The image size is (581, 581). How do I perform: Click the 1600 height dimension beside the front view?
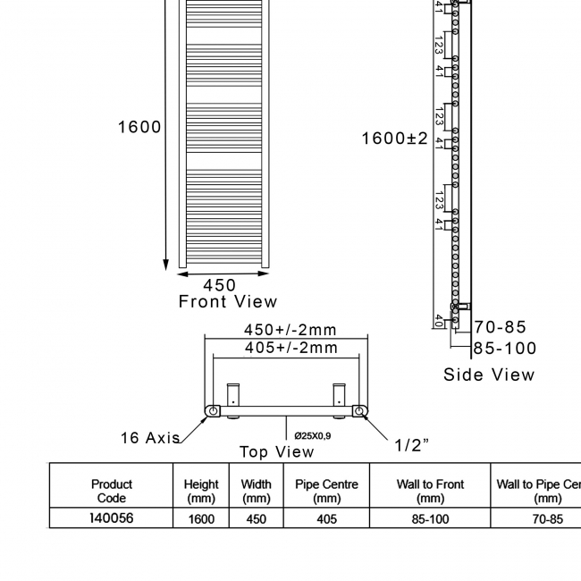[x=139, y=127]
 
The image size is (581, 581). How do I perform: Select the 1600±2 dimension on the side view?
[x=394, y=139]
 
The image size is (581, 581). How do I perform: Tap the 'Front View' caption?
[x=228, y=302]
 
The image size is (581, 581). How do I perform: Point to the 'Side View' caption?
[x=489, y=375]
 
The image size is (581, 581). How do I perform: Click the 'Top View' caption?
[x=277, y=451]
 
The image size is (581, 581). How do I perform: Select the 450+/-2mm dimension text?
[x=290, y=330]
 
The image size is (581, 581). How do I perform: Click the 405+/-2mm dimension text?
[x=291, y=348]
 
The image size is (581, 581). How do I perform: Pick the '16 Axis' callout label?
[x=150, y=438]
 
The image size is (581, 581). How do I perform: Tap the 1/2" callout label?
[x=412, y=445]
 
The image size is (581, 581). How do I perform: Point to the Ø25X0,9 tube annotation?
[x=313, y=435]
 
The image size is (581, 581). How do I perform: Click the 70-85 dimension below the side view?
[x=501, y=327]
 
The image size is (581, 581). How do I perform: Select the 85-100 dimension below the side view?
[x=505, y=348]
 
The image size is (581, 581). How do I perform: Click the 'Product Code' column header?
[x=111, y=491]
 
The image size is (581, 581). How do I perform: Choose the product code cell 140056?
[x=112, y=518]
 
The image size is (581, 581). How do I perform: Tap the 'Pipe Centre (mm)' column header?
[x=326, y=491]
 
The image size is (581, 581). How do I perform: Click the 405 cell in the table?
[x=326, y=518]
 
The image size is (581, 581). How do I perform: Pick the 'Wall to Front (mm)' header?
[x=430, y=491]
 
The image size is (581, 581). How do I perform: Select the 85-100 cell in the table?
[x=430, y=518]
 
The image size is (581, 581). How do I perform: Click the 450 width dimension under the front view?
[x=219, y=285]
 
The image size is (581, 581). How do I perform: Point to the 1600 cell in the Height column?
[x=201, y=518]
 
